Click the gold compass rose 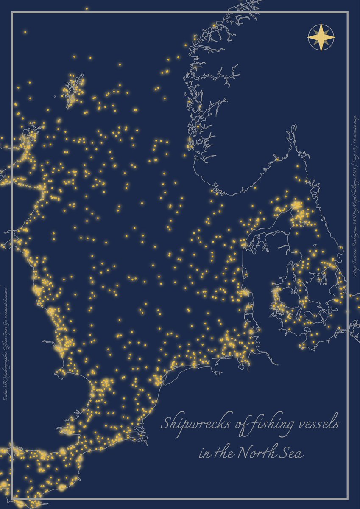pyautogui.click(x=321, y=38)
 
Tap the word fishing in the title pyautogui.click(x=273, y=424)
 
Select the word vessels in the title pyautogui.click(x=318, y=423)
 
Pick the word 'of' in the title pyautogui.click(x=237, y=424)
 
